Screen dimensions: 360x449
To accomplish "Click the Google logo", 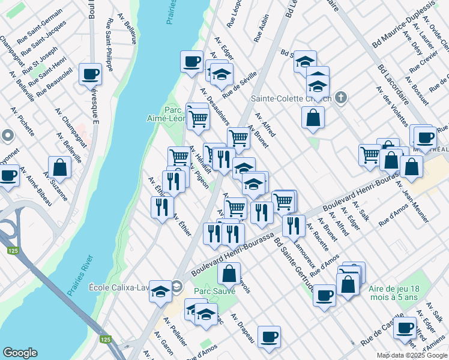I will point(20,353).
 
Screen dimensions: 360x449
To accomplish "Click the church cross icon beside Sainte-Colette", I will point(341,97).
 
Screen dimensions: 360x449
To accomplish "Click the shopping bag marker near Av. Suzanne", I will point(60,167).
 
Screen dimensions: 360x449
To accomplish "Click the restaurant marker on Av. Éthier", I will point(161,208).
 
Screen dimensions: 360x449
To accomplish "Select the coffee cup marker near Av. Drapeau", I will point(269,336).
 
